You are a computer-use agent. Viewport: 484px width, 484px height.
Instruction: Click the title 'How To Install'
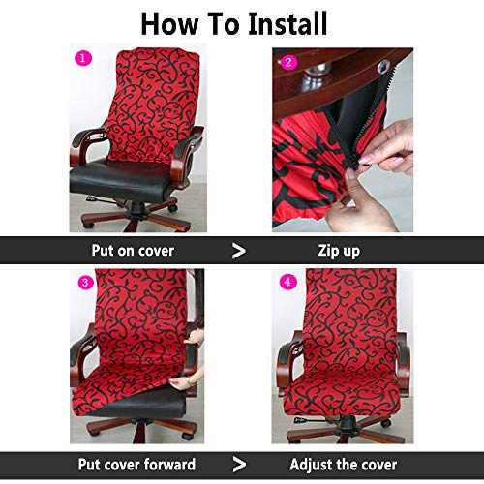[x=233, y=23]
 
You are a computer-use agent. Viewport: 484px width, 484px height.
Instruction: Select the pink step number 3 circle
[x=85, y=283]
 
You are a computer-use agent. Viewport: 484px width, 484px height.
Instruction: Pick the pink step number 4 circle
[x=287, y=283]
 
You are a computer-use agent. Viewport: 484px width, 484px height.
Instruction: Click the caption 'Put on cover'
[x=133, y=251]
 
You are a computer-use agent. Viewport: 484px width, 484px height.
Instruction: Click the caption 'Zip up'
[x=339, y=251]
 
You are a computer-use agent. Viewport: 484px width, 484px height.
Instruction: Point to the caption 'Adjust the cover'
[x=344, y=465]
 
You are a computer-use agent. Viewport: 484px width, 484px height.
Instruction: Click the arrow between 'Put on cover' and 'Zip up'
[x=238, y=251]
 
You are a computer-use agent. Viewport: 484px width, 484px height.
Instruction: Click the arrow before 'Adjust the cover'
[x=238, y=465]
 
